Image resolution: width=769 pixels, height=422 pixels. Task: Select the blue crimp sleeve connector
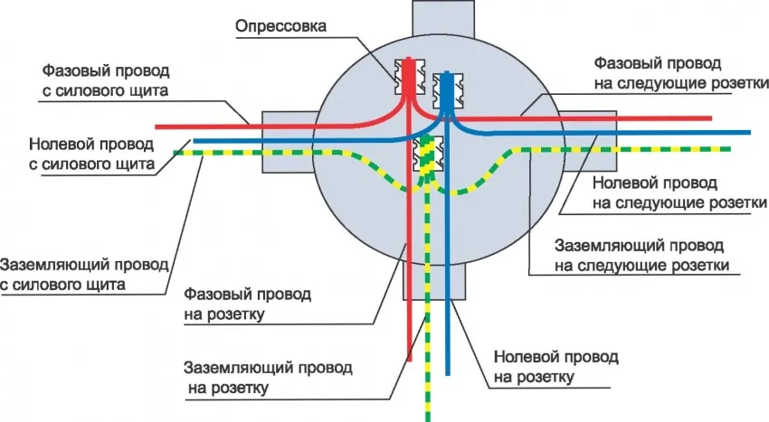(444, 89)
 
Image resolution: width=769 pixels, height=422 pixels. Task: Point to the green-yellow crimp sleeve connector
(424, 154)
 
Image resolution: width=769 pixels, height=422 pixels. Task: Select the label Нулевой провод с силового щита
(90, 154)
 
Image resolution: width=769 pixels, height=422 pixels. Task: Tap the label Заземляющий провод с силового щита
(84, 275)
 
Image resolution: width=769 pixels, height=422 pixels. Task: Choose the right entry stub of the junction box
(597, 141)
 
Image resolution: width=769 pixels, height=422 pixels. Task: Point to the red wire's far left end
(158, 126)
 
